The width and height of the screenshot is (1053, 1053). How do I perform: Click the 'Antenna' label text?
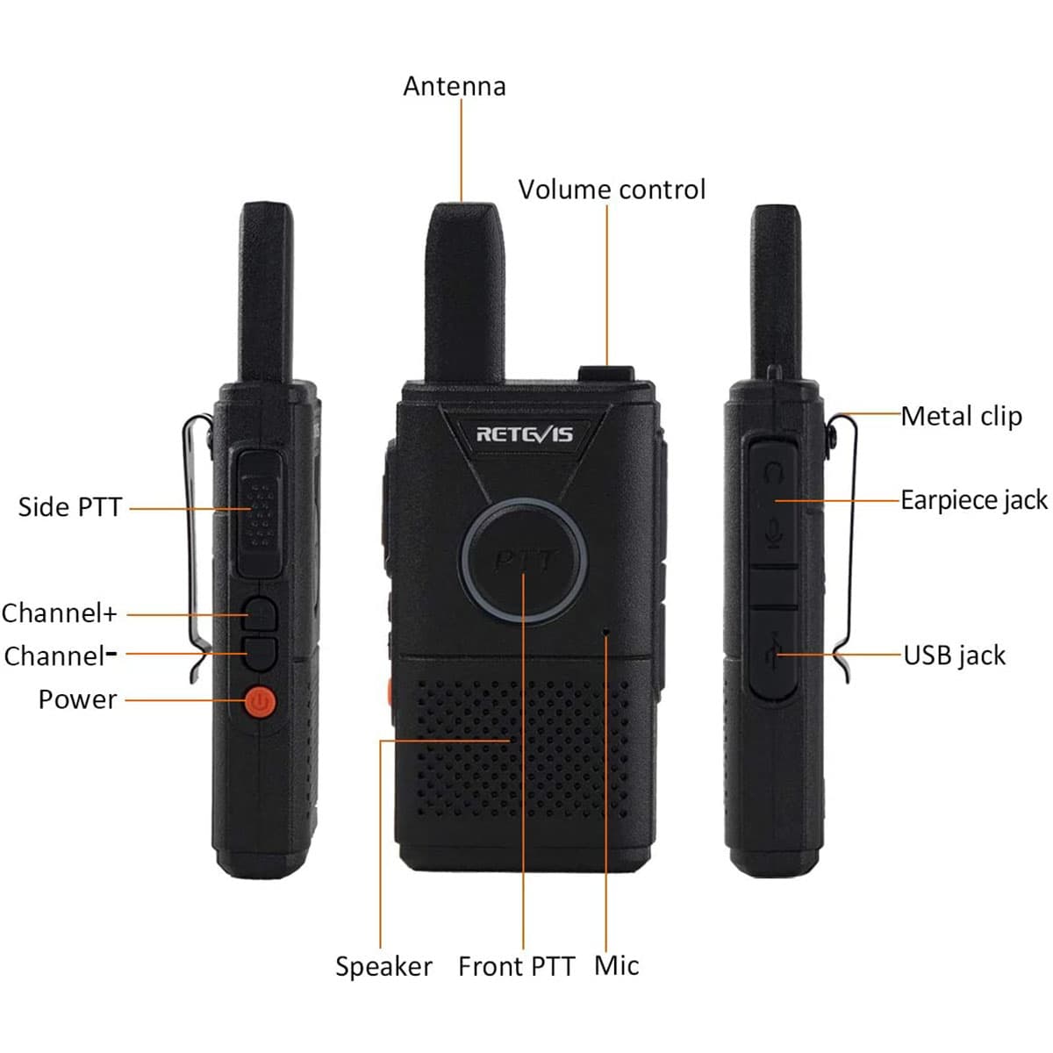point(455,86)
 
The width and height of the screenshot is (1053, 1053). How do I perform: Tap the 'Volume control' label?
point(612,190)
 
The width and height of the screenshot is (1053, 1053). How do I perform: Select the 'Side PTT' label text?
point(70,506)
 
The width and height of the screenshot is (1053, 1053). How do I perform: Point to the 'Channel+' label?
point(59,613)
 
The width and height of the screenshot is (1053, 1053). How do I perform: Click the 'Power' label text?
point(77,699)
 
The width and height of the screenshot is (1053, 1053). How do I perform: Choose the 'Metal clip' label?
point(961,417)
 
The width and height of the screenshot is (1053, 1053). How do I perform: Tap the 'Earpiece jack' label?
point(974,500)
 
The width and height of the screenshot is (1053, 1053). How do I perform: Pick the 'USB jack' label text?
point(954,655)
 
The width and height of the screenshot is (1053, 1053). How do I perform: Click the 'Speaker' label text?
point(383,967)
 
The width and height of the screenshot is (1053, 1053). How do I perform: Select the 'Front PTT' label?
point(516,966)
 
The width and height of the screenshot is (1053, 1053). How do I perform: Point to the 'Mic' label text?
point(616,965)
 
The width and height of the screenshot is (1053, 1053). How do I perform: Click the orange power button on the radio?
point(260,701)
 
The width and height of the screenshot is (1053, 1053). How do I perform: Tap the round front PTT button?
point(524,562)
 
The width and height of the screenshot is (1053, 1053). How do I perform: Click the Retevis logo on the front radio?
point(524,434)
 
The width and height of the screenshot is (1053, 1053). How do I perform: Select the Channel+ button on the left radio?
point(260,613)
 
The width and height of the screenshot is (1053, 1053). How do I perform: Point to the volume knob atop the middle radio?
point(606,374)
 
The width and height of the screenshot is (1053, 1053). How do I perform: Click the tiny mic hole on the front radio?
point(606,632)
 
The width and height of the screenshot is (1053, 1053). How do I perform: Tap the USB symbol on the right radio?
point(774,649)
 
